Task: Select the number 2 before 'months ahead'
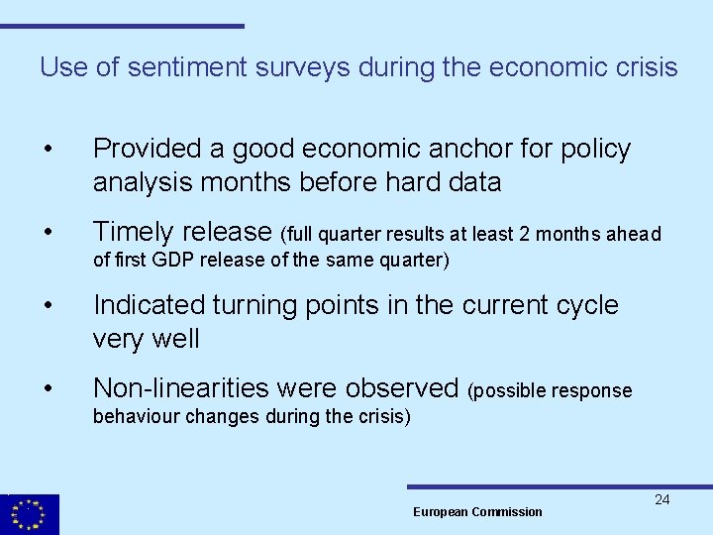point(525,234)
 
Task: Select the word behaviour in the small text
point(135,416)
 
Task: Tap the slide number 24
point(662,499)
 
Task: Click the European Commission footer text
point(477,511)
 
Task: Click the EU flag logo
point(30,514)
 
